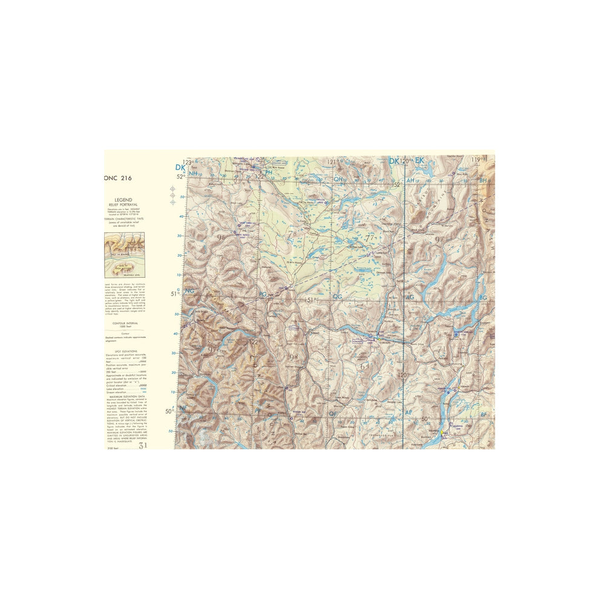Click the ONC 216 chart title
tap(117, 178)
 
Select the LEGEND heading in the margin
tap(124, 200)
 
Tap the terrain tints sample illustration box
tap(124, 255)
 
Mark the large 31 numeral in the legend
tap(143, 446)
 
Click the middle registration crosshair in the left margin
tap(172, 195)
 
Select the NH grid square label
tap(193, 174)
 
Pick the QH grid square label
tap(339, 179)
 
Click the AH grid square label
tap(411, 180)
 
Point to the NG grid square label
tap(190, 292)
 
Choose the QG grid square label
tap(338, 296)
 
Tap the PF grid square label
tap(259, 410)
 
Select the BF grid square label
tap(483, 414)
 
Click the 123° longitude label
tap(188, 162)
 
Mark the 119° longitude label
tap(479, 160)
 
